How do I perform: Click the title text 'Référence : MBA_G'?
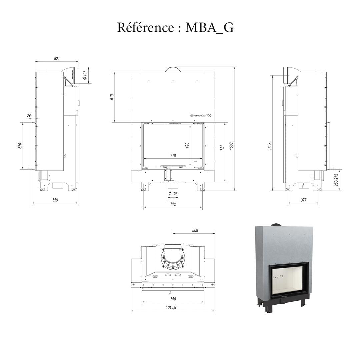point(175,27)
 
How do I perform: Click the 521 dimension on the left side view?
point(57,59)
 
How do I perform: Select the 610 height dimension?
point(112,97)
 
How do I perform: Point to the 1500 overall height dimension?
point(231,146)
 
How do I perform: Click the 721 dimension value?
point(222,148)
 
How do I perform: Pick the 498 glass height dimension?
point(187,145)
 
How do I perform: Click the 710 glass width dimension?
point(173,156)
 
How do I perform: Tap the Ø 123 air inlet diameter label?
point(173,194)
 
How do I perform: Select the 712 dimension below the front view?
point(173,204)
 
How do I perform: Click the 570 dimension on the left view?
point(20,146)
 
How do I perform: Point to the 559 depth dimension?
point(55,200)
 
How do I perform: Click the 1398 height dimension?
point(270,146)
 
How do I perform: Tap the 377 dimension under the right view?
point(303,200)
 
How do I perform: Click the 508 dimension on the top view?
point(195,230)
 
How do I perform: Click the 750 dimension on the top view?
point(173,299)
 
